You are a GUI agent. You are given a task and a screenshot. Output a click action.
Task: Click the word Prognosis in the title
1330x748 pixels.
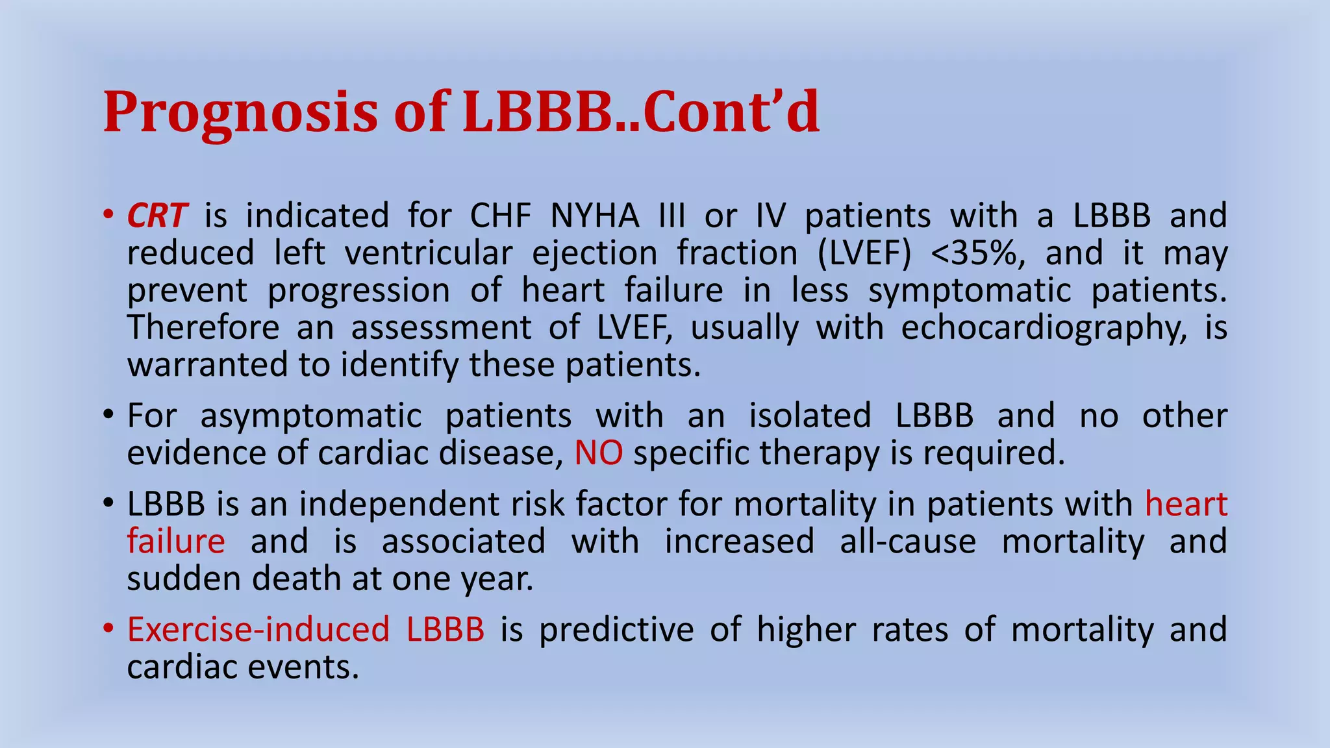240,112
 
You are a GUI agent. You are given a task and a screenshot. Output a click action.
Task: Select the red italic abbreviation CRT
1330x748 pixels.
157,216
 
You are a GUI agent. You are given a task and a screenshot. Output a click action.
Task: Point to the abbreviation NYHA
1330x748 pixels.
594,216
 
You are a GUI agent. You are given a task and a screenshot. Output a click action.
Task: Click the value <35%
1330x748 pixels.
977,253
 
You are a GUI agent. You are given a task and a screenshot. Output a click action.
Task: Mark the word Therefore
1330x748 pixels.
203,328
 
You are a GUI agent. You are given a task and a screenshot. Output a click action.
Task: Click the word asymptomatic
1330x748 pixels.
310,416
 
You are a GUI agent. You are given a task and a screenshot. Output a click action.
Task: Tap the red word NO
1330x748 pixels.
599,453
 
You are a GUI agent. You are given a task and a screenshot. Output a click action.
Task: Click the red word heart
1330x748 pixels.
1186,505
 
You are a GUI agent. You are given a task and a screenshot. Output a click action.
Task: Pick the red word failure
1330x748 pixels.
176,542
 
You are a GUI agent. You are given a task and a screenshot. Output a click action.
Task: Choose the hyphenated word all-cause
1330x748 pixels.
907,542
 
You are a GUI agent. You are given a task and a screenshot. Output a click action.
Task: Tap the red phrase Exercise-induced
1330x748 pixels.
258,630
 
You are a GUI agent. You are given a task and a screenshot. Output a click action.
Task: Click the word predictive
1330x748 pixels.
616,630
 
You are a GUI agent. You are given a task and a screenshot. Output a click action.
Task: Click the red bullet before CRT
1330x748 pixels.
108,216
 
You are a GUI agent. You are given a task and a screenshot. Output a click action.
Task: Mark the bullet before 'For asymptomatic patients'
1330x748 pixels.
108,416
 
